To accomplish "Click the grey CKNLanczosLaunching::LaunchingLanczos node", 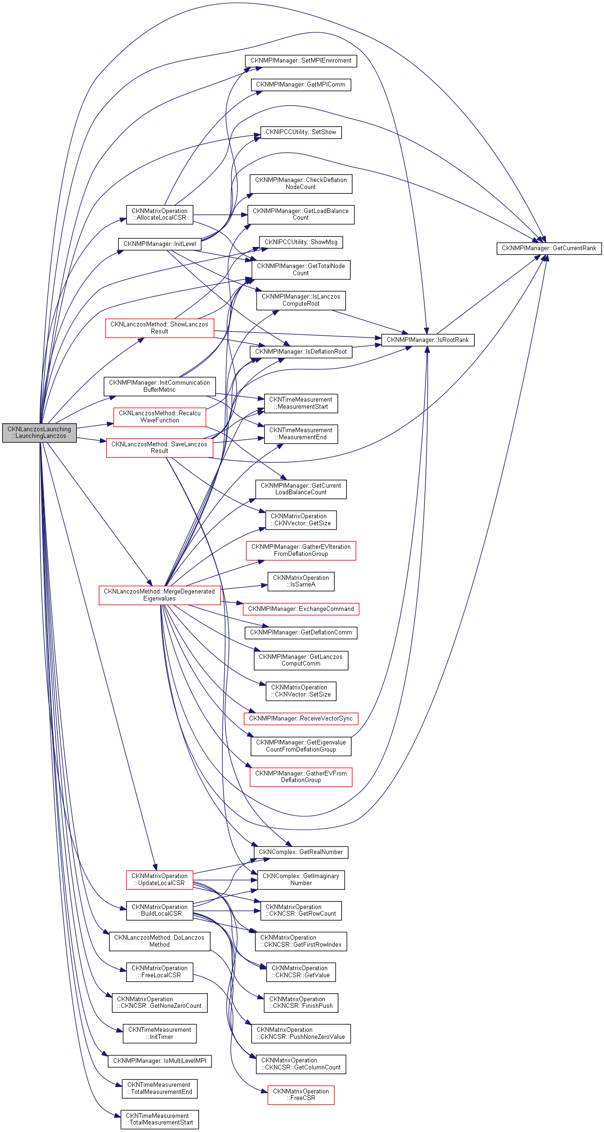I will (39, 433).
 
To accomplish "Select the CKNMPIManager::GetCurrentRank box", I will (549, 248).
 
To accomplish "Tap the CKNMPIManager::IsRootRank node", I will (427, 340).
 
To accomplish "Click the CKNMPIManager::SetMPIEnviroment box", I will (301, 61).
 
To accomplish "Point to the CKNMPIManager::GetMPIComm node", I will (301, 85).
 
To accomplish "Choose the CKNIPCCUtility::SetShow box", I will (301, 133).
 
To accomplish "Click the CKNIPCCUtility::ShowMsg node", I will (301, 242).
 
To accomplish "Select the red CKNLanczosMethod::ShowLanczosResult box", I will (159, 328).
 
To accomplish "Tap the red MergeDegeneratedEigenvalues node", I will (159, 595).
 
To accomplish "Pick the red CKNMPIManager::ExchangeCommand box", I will (301, 609).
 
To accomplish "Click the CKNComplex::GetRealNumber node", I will (301, 852).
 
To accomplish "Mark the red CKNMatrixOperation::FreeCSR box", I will (301, 1095).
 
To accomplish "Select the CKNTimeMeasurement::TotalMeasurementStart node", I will (159, 1119).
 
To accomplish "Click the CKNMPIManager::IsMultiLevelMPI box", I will (159, 1061).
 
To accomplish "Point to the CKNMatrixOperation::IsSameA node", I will (301, 581).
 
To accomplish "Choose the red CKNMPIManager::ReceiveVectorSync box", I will (301, 719).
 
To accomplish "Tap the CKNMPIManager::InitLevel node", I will (159, 244).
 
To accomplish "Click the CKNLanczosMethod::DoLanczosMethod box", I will (159, 941).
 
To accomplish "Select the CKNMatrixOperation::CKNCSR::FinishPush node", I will (301, 1003).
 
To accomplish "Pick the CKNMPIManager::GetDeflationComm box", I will (301, 633).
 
